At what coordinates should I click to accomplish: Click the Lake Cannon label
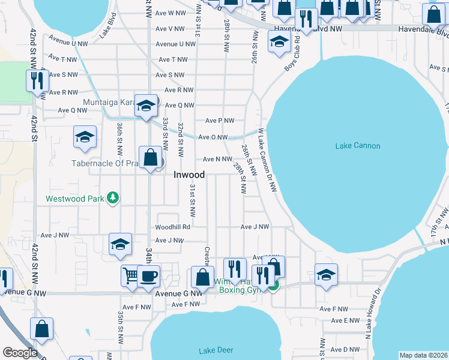358,146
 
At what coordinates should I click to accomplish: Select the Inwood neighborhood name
189,175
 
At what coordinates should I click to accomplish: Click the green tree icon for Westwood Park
112,198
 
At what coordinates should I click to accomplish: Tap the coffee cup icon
148,277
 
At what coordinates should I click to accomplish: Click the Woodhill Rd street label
172,227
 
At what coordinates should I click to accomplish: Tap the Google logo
20,353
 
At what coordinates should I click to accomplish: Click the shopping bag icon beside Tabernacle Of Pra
151,158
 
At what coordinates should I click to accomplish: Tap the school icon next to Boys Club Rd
278,43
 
